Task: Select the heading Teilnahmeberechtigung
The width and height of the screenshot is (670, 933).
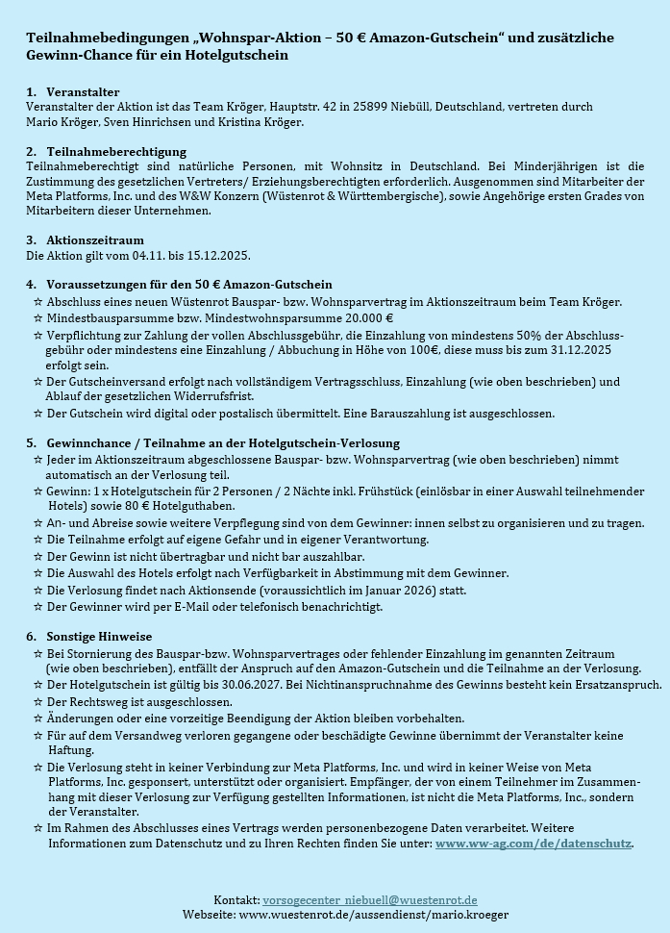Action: pyautogui.click(x=116, y=152)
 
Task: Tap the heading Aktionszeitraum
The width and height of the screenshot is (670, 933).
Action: pyautogui.click(x=95, y=240)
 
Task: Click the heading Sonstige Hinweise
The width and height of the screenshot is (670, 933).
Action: pyautogui.click(x=99, y=636)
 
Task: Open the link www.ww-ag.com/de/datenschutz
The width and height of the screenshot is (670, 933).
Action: pyautogui.click(x=534, y=844)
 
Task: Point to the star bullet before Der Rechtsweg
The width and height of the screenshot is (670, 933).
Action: pyautogui.click(x=37, y=702)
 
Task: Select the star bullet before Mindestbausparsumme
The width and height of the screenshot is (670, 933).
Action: pyautogui.click(x=37, y=317)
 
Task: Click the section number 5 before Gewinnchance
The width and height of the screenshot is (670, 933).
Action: pyautogui.click(x=31, y=443)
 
